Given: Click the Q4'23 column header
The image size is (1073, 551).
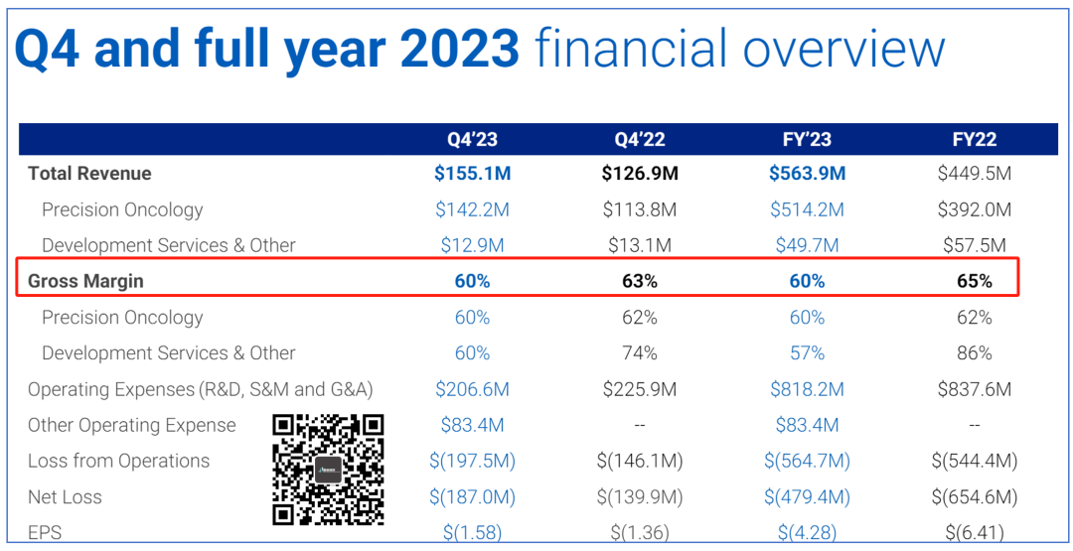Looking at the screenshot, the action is (x=472, y=139).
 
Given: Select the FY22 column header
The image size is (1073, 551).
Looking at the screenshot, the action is (x=975, y=139).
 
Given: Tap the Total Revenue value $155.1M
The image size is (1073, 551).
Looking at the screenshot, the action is (x=472, y=174).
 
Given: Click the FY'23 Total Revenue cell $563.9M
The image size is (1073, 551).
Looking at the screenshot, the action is (x=807, y=174).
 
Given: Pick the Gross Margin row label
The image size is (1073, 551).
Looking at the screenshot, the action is (x=85, y=281).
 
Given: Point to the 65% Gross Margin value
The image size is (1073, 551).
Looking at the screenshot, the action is (x=975, y=281).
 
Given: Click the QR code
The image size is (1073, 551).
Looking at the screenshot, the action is (x=328, y=469).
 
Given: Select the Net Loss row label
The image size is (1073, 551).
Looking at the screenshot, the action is (x=65, y=497).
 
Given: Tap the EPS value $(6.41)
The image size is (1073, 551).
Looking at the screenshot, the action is (x=975, y=532).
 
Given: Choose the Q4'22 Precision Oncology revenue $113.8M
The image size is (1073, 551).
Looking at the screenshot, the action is (x=640, y=209).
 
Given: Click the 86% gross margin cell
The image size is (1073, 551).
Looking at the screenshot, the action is (x=975, y=352).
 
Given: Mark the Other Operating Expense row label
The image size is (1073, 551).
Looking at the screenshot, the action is (x=131, y=425).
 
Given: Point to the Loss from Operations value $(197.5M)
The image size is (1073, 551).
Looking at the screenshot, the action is (x=472, y=461).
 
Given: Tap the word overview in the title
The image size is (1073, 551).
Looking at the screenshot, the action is (x=843, y=50).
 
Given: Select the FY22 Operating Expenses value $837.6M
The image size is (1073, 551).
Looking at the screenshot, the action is (x=975, y=389).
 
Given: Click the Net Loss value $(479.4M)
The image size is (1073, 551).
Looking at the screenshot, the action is (x=807, y=497).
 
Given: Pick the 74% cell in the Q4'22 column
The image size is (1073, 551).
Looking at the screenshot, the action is (x=640, y=352).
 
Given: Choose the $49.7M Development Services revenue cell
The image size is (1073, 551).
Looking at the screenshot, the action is (x=807, y=245).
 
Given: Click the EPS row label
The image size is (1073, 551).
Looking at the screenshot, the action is (x=44, y=532).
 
